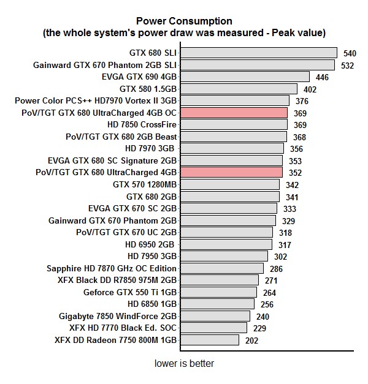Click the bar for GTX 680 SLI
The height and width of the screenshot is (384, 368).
click(258, 53)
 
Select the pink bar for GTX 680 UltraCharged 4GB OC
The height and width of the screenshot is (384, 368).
click(234, 113)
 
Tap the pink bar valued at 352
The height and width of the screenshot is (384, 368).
click(231, 173)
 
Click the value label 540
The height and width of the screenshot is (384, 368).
click(350, 54)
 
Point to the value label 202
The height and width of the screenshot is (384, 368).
click(251, 340)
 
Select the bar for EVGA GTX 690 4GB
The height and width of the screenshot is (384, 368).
click(244, 77)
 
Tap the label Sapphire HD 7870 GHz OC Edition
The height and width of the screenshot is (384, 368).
click(112, 268)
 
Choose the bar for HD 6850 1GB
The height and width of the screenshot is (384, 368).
click(217, 304)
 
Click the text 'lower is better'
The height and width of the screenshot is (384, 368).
click(184, 363)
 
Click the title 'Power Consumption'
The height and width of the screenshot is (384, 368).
click(184, 20)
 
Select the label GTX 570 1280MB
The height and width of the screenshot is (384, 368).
click(145, 184)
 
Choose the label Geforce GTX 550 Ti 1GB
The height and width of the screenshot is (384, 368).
click(130, 292)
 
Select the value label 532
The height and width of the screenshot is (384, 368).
click(348, 66)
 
